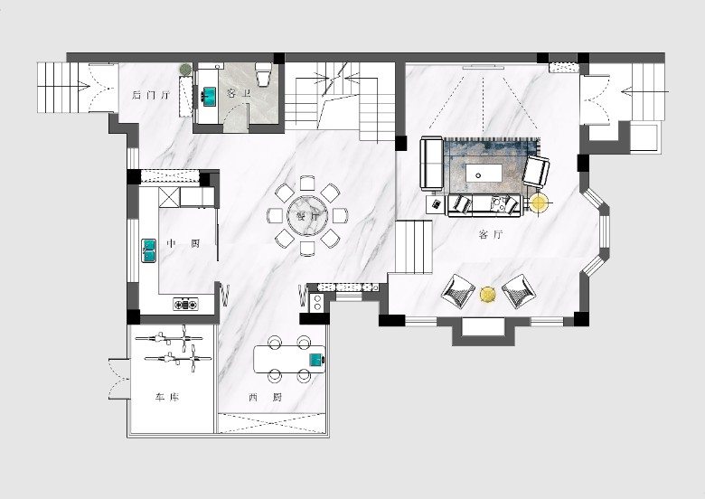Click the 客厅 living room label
[x=491, y=235]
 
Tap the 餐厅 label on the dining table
[x=308, y=216]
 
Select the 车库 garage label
[x=167, y=398]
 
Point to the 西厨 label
[x=265, y=398]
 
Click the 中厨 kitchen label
[x=183, y=244]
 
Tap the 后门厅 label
[x=151, y=95]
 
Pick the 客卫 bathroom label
[x=239, y=93]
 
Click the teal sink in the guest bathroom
[x=208, y=96]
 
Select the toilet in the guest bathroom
[x=263, y=74]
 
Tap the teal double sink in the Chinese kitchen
[x=148, y=250]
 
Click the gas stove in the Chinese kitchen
[x=185, y=305]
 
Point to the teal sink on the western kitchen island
[x=316, y=360]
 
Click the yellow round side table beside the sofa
[x=538, y=203]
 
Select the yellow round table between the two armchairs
[x=487, y=295]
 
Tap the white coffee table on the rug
[x=484, y=172]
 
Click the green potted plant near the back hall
[x=185, y=70]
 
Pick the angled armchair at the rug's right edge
[x=536, y=171]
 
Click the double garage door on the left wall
[x=118, y=379]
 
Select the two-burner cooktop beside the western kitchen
[x=317, y=302]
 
